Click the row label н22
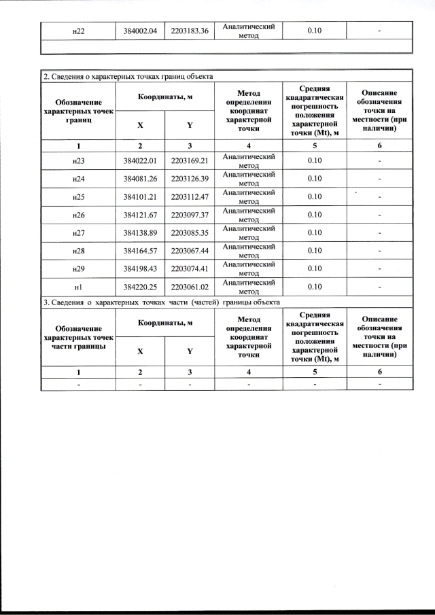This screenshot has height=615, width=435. tap(78, 31)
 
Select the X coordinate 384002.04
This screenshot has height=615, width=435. tap(141, 31)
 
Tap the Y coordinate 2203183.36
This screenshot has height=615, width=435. tap(190, 31)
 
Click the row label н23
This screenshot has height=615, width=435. tap(78, 160)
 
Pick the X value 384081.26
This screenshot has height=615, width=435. tap(141, 179)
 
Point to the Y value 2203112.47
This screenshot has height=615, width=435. tap(190, 196)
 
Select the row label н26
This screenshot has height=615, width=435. tap(78, 215)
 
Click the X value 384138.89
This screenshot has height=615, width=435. tap(141, 232)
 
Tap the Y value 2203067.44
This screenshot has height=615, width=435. tap(190, 251)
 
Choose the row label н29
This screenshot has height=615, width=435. tap(78, 268)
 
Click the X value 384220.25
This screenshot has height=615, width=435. tap(141, 287)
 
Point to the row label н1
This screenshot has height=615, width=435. tap(78, 287)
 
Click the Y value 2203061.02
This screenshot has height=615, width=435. tap(190, 287)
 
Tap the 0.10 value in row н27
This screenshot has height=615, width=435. tap(314, 232)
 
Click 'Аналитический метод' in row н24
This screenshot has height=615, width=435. tap(249, 179)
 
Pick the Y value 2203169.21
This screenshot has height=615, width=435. tap(190, 160)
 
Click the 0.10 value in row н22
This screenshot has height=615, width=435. tap(314, 31)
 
